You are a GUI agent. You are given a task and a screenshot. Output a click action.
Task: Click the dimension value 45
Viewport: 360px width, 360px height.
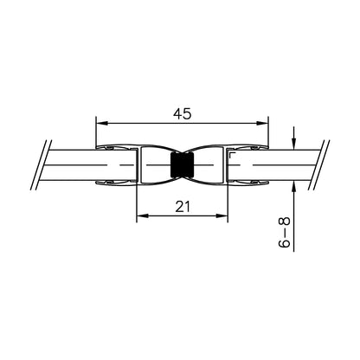tap(183, 114)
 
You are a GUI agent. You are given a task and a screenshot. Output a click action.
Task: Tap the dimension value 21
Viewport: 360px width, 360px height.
tap(183, 207)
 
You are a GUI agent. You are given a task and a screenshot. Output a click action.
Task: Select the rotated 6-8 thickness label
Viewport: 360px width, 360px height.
tap(284, 232)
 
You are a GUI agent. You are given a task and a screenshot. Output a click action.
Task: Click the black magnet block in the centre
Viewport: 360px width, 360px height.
tap(182, 165)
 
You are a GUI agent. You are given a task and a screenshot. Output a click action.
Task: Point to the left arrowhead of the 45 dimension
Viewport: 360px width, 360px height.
tap(102, 123)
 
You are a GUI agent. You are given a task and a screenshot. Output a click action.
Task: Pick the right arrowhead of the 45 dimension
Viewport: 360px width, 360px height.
tap(262, 123)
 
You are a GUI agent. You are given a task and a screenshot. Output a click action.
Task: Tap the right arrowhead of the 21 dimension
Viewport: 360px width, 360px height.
tap(222, 215)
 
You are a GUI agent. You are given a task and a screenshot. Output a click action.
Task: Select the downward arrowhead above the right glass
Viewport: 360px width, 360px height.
tap(293, 144)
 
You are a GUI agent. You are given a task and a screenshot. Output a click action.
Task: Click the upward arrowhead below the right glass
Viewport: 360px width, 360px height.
tap(293, 187)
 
